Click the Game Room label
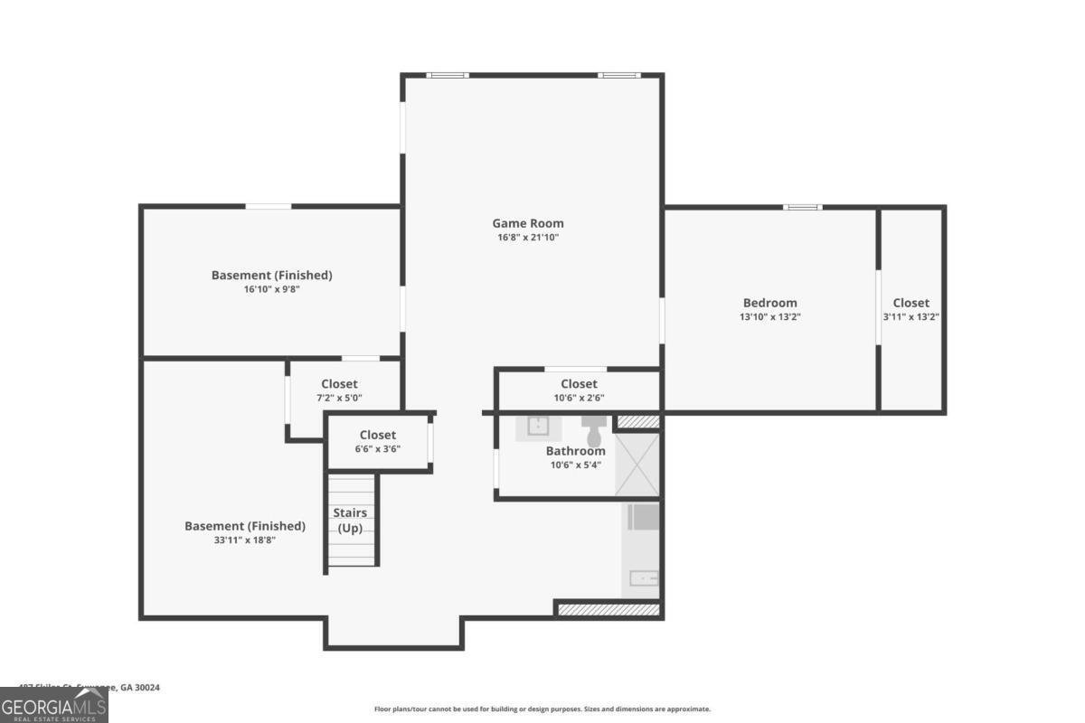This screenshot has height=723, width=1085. point(527,223)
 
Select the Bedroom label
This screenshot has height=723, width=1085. point(769,303)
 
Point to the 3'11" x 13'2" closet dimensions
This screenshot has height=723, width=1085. point(911,317)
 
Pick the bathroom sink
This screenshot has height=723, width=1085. point(537,427)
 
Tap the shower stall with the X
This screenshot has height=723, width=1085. point(637,465)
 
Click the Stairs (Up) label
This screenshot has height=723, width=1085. point(350,521)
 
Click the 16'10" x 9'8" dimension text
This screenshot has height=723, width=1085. point(271,289)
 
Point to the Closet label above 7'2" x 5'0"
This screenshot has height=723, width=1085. point(339,384)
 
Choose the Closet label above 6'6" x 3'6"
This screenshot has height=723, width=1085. point(378,435)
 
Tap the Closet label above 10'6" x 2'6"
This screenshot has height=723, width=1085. point(579,384)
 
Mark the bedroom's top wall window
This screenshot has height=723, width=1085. point(802,208)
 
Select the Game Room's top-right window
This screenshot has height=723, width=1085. point(618,75)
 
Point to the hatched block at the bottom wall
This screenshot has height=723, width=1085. point(609,610)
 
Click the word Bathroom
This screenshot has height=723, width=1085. point(575,451)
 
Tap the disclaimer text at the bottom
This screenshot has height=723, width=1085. point(542,709)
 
